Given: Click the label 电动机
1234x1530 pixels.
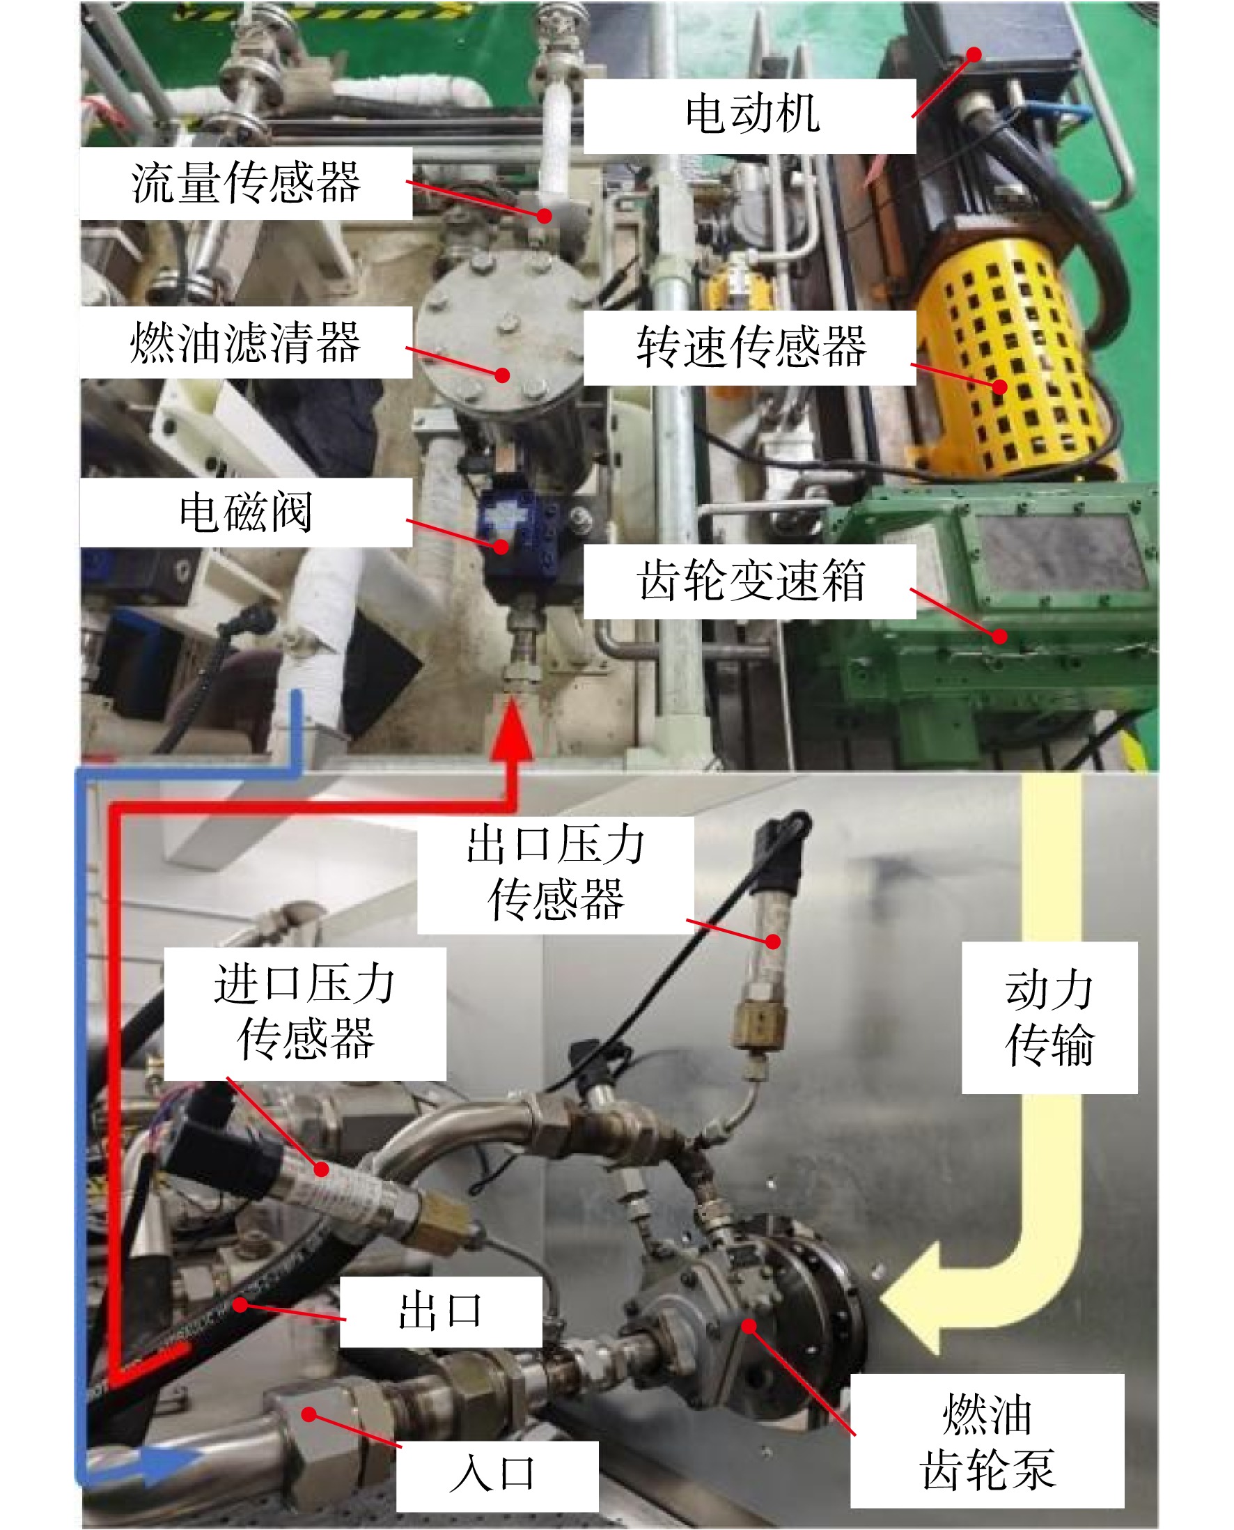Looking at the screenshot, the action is (x=752, y=114).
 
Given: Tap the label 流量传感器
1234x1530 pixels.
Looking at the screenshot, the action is (x=246, y=182).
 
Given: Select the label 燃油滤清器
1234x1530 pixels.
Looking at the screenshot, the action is (x=246, y=343).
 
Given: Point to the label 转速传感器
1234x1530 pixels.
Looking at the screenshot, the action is (x=751, y=347).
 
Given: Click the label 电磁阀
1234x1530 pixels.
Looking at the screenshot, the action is (x=246, y=512).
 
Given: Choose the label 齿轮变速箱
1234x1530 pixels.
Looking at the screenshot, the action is (x=751, y=580).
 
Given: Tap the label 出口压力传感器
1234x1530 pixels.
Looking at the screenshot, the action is (x=555, y=873).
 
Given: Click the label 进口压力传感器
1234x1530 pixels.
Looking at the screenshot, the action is (x=305, y=1012).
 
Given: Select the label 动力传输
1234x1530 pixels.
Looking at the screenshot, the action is (x=1049, y=1017).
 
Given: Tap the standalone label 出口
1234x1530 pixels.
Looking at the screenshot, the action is (x=441, y=1311).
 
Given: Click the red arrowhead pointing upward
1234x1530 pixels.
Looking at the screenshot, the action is (x=511, y=728).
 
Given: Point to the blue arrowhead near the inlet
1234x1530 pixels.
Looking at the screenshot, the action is (x=168, y=1465).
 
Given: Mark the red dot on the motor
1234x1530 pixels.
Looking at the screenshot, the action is (x=974, y=54).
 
